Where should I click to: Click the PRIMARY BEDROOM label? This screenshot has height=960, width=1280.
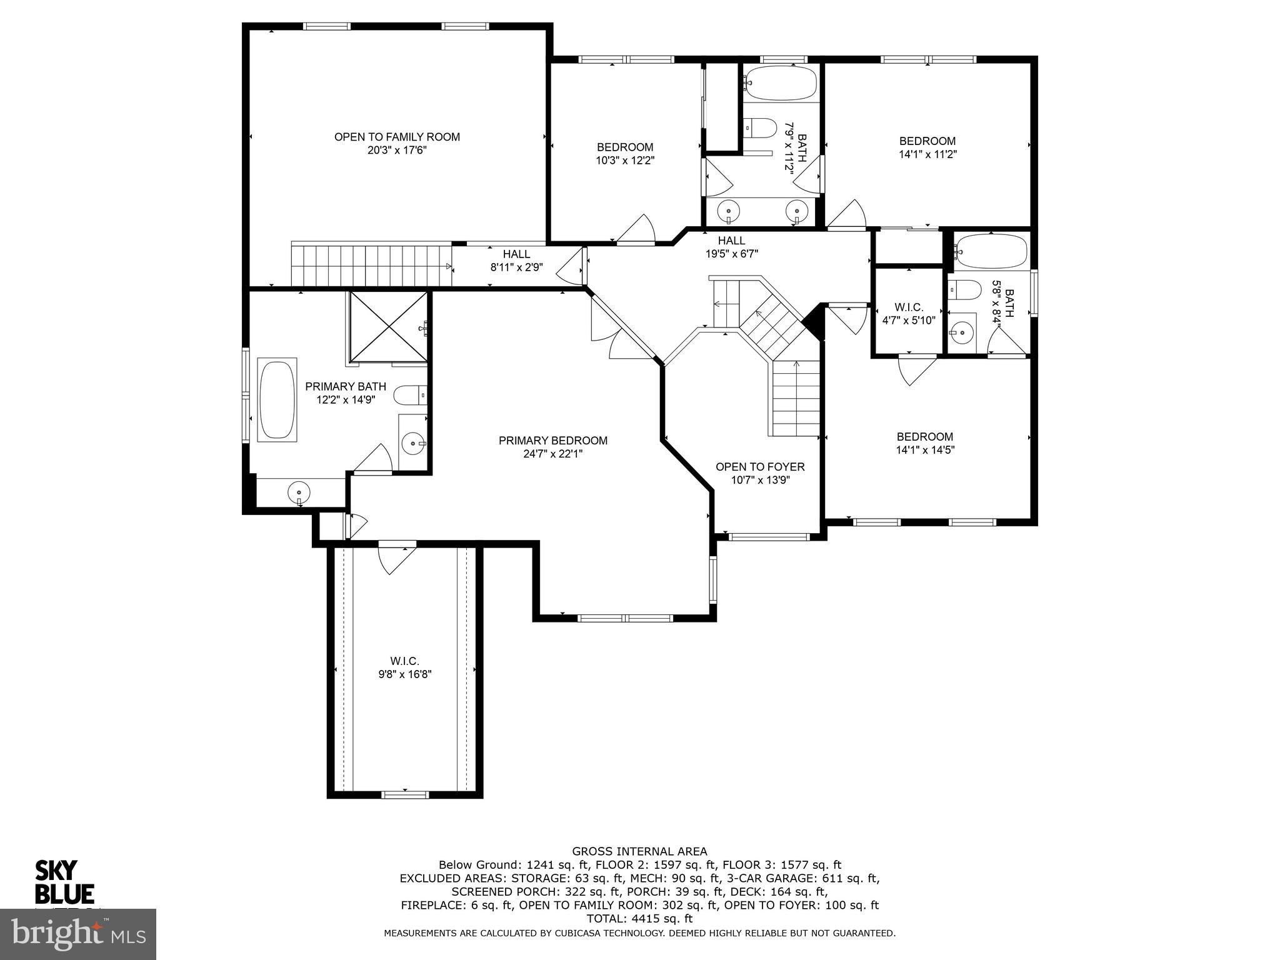pos(552,441)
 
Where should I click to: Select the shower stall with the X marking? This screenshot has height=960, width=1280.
pos(387,327)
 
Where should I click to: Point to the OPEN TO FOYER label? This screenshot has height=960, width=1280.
pos(760,467)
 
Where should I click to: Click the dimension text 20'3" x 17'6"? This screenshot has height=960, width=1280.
pos(397,151)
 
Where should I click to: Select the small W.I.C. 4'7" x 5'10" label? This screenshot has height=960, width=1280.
pos(908,314)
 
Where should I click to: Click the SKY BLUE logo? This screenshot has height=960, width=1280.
pos(64,882)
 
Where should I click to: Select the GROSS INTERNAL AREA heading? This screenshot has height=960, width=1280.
pos(639,851)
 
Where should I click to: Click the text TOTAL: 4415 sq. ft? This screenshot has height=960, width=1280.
pos(639,919)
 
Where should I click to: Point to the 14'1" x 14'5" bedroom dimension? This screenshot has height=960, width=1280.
pos(925,449)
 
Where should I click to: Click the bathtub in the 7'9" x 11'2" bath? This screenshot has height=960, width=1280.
pos(781,83)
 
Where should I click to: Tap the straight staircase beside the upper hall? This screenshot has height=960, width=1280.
pos(371,266)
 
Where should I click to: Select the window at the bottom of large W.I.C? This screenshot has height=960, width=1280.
pos(405,794)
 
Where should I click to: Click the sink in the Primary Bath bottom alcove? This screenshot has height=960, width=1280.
pos(299,492)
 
